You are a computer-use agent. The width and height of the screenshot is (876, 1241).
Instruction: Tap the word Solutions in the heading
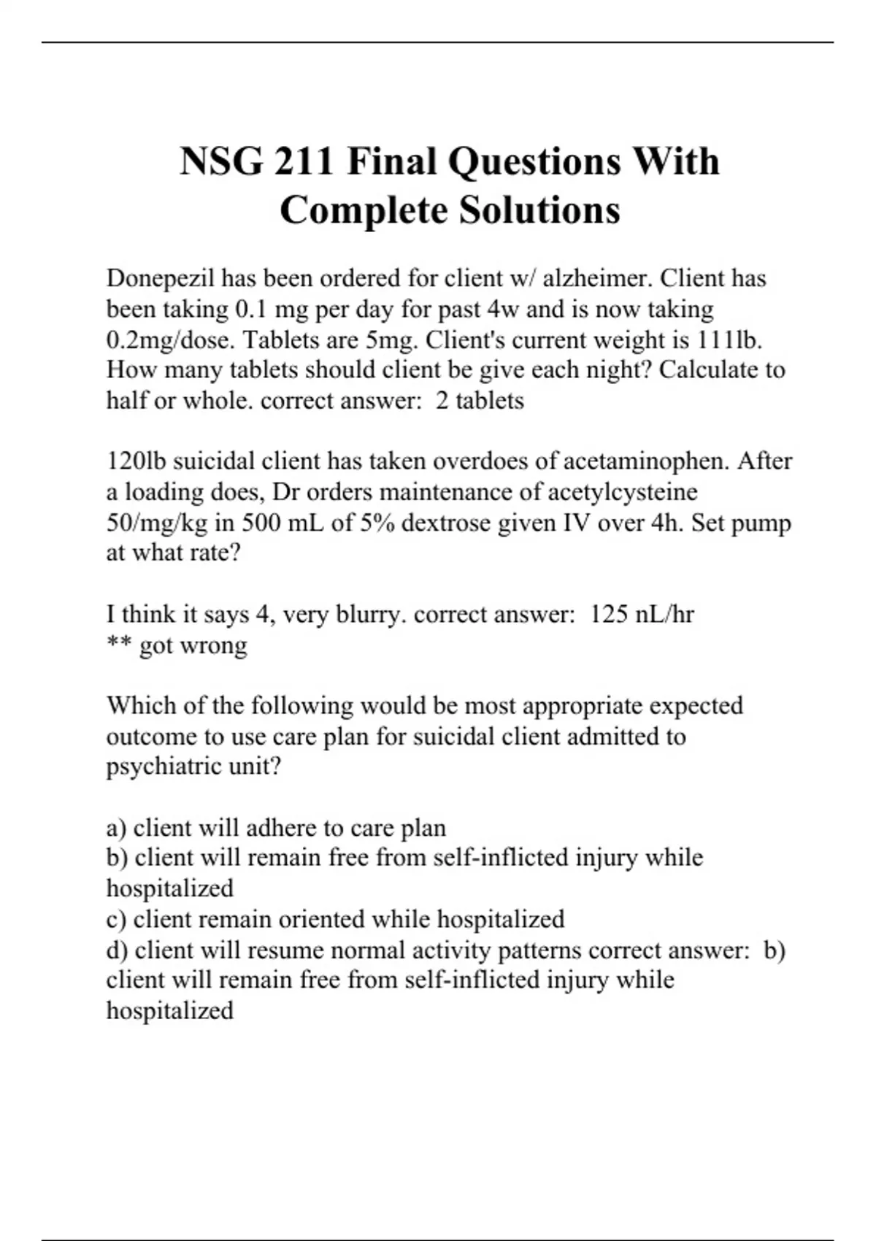pos(539,210)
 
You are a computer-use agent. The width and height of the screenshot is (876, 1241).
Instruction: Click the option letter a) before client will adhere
pos(117,828)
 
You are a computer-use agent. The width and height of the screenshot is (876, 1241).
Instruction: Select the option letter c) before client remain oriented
pos(117,919)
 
